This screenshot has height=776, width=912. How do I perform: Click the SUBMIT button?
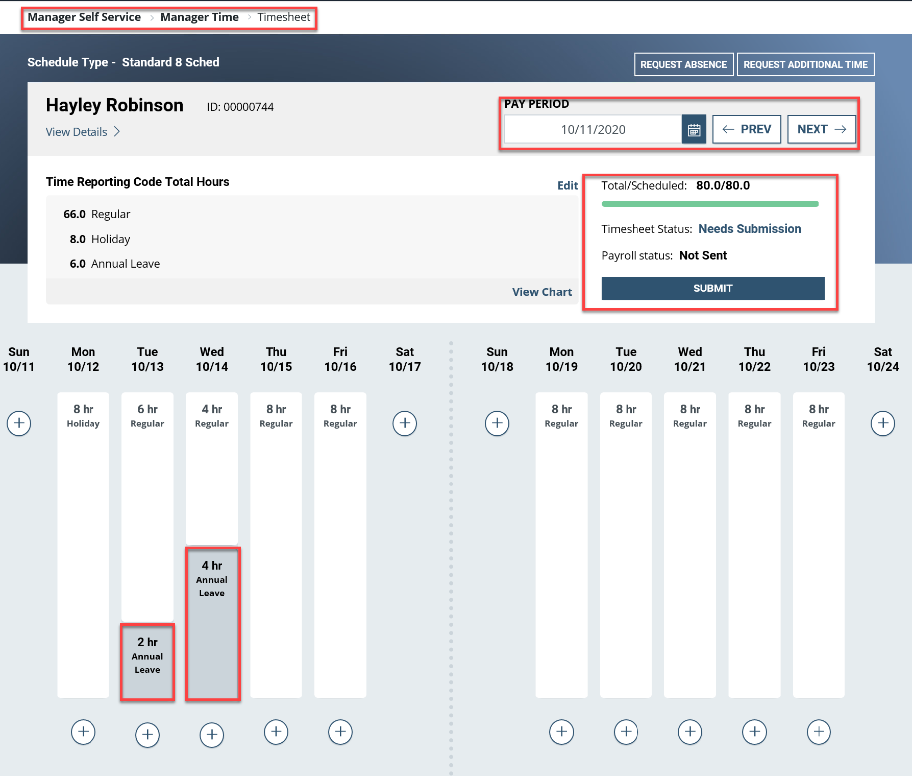pyautogui.click(x=712, y=288)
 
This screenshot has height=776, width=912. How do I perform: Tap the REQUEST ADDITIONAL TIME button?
pyautogui.click(x=805, y=64)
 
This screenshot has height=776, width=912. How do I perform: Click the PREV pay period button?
pyautogui.click(x=746, y=129)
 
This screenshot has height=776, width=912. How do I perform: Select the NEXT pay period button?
pyautogui.click(x=821, y=129)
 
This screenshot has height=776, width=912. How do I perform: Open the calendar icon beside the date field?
pyautogui.click(x=694, y=130)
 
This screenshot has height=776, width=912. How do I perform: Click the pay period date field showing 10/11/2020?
pyautogui.click(x=593, y=130)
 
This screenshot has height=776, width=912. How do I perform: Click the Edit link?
pyautogui.click(x=568, y=185)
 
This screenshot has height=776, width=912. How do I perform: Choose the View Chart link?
pyautogui.click(x=541, y=292)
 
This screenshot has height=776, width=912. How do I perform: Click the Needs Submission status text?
pyautogui.click(x=749, y=229)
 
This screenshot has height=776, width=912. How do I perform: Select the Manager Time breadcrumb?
pyautogui.click(x=199, y=17)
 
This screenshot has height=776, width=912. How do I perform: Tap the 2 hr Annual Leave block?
pyautogui.click(x=147, y=662)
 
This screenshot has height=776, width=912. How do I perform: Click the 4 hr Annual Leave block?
pyautogui.click(x=212, y=623)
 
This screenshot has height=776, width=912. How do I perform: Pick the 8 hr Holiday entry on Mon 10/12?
pyautogui.click(x=83, y=416)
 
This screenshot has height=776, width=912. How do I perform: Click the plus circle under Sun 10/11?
pyautogui.click(x=19, y=424)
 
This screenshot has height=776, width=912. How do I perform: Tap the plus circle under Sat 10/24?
pyautogui.click(x=882, y=424)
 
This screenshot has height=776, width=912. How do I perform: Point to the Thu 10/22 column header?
pyautogui.click(x=754, y=359)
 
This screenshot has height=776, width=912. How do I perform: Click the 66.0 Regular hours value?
pyautogui.click(x=75, y=214)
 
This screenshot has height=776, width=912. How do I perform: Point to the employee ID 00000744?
pyautogui.click(x=240, y=107)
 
